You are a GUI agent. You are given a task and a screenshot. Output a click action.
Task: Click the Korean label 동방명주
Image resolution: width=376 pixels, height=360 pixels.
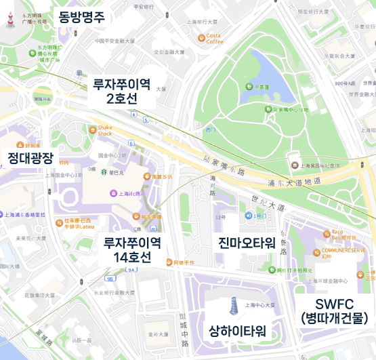coord(81,17)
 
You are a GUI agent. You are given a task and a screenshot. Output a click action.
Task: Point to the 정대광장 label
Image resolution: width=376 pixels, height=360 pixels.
coord(30,158)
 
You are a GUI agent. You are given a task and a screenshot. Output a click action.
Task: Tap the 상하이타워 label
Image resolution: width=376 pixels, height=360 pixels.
coord(237,331)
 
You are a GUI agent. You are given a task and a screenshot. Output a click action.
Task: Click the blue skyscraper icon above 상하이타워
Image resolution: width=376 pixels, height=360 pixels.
coord(233,306)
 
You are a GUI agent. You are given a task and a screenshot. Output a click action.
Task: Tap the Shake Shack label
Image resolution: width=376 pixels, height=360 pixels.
coord(105,130)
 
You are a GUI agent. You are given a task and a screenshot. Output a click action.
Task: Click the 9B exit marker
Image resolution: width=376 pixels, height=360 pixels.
coord(110,278)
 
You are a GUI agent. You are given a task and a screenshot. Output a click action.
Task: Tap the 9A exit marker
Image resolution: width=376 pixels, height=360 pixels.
coord(131,271)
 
